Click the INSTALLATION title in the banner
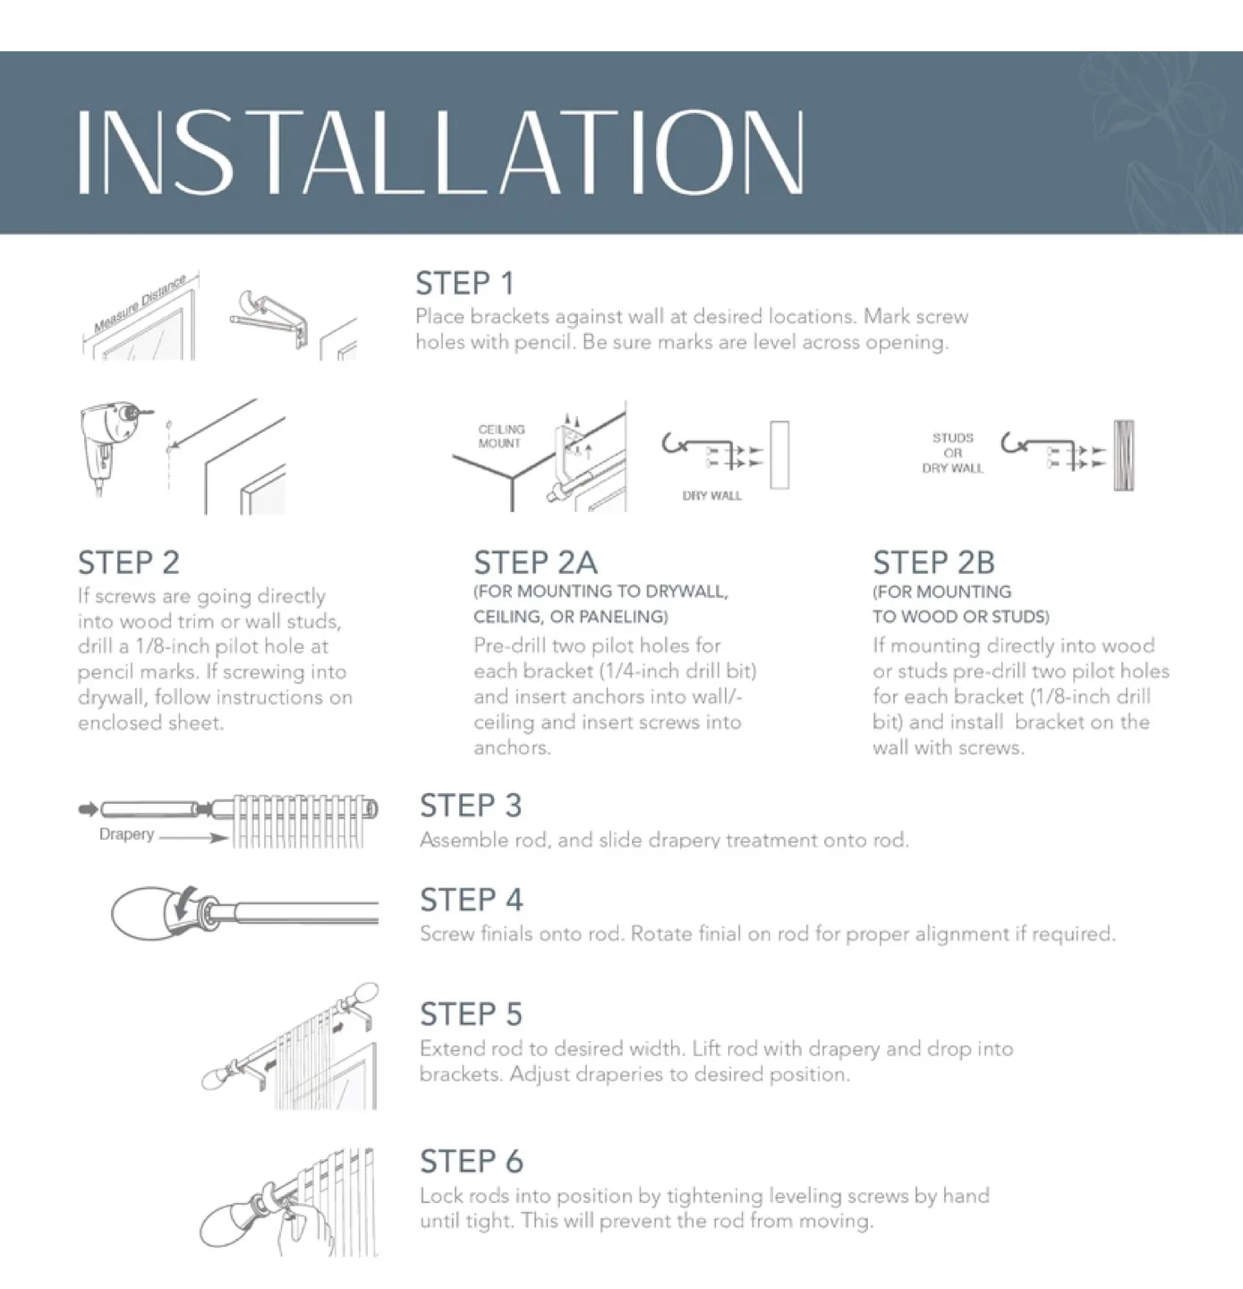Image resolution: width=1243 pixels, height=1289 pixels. tap(440, 152)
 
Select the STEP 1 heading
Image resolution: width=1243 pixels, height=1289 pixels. tap(464, 284)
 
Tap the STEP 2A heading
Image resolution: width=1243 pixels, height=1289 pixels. tap(535, 563)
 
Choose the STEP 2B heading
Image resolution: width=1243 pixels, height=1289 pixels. tap(933, 563)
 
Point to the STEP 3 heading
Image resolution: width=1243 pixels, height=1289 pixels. tap(471, 806)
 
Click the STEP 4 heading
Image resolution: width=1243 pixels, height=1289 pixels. tap(471, 900)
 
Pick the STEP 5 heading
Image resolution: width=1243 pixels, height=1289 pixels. tap(471, 1014)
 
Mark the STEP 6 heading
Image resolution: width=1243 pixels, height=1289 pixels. tap(471, 1162)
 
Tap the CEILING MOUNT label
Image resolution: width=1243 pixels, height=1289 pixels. tap(501, 436)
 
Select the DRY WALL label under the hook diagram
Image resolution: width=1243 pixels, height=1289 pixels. tap(711, 496)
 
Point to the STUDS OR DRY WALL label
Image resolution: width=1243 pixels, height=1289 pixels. tap(952, 453)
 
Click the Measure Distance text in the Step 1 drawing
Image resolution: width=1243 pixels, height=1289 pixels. tap(140, 303)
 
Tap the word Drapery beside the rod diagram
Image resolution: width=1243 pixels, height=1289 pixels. tap(126, 834)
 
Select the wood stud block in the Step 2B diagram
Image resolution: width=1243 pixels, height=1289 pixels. tap(1124, 456)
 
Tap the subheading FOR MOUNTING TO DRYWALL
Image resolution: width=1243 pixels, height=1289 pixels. tap(600, 592)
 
